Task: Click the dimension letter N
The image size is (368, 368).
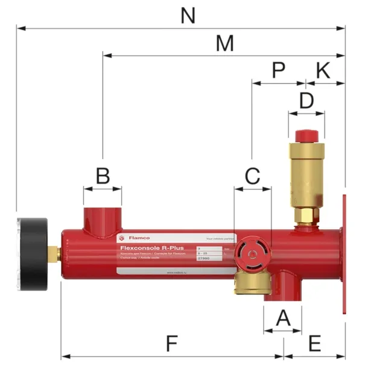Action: tap(188, 16)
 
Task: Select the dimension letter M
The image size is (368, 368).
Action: tap(224, 43)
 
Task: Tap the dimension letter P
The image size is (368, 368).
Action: tap(278, 70)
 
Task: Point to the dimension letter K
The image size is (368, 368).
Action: tap(323, 70)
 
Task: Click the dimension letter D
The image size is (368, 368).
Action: tap(306, 100)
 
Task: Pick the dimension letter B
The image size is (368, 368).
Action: tap(103, 176)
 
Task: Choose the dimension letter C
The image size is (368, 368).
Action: tap(252, 176)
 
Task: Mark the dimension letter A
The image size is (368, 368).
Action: tap(282, 317)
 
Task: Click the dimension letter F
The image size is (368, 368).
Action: tap(172, 344)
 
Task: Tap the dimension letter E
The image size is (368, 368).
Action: tap(314, 344)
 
